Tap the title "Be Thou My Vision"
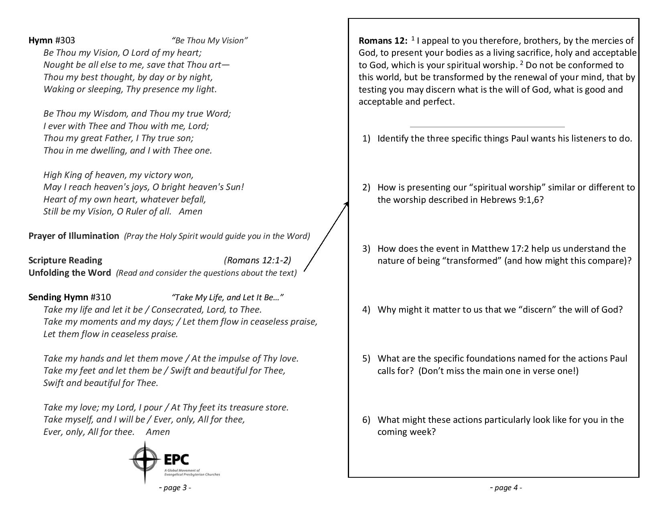click(x=209, y=40)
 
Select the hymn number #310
click(x=101, y=297)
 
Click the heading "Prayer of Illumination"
click(x=74, y=236)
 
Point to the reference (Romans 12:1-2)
click(x=257, y=261)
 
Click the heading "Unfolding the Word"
click(x=70, y=273)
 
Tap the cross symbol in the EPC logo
click(x=145, y=462)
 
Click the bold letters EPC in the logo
click(x=177, y=459)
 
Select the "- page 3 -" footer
click(x=175, y=488)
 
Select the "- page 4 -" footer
click(x=506, y=488)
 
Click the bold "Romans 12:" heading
click(x=383, y=41)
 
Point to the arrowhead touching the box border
click(x=346, y=204)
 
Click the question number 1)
click(x=366, y=139)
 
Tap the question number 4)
click(x=366, y=310)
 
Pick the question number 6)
click(x=366, y=420)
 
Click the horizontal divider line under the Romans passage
click(x=487, y=127)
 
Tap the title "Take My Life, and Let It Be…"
click(x=227, y=297)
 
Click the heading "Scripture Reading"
click(x=65, y=261)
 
